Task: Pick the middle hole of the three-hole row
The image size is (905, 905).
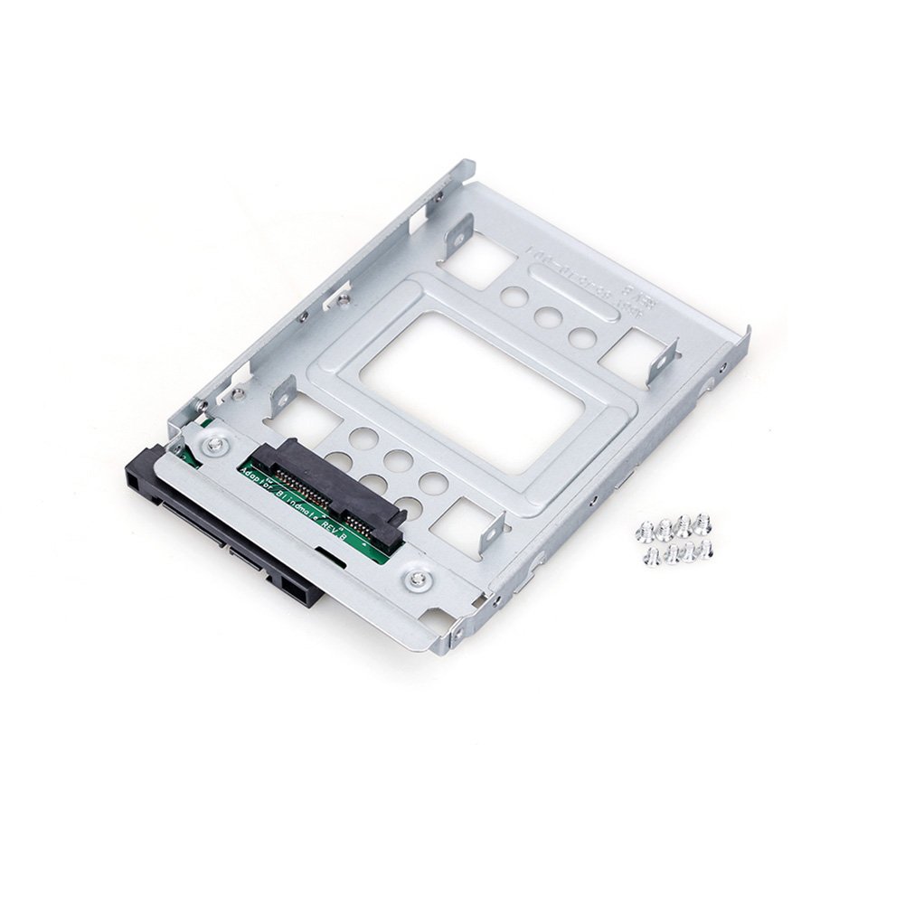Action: (x=544, y=316)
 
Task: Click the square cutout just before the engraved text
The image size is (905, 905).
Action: (x=480, y=259)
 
